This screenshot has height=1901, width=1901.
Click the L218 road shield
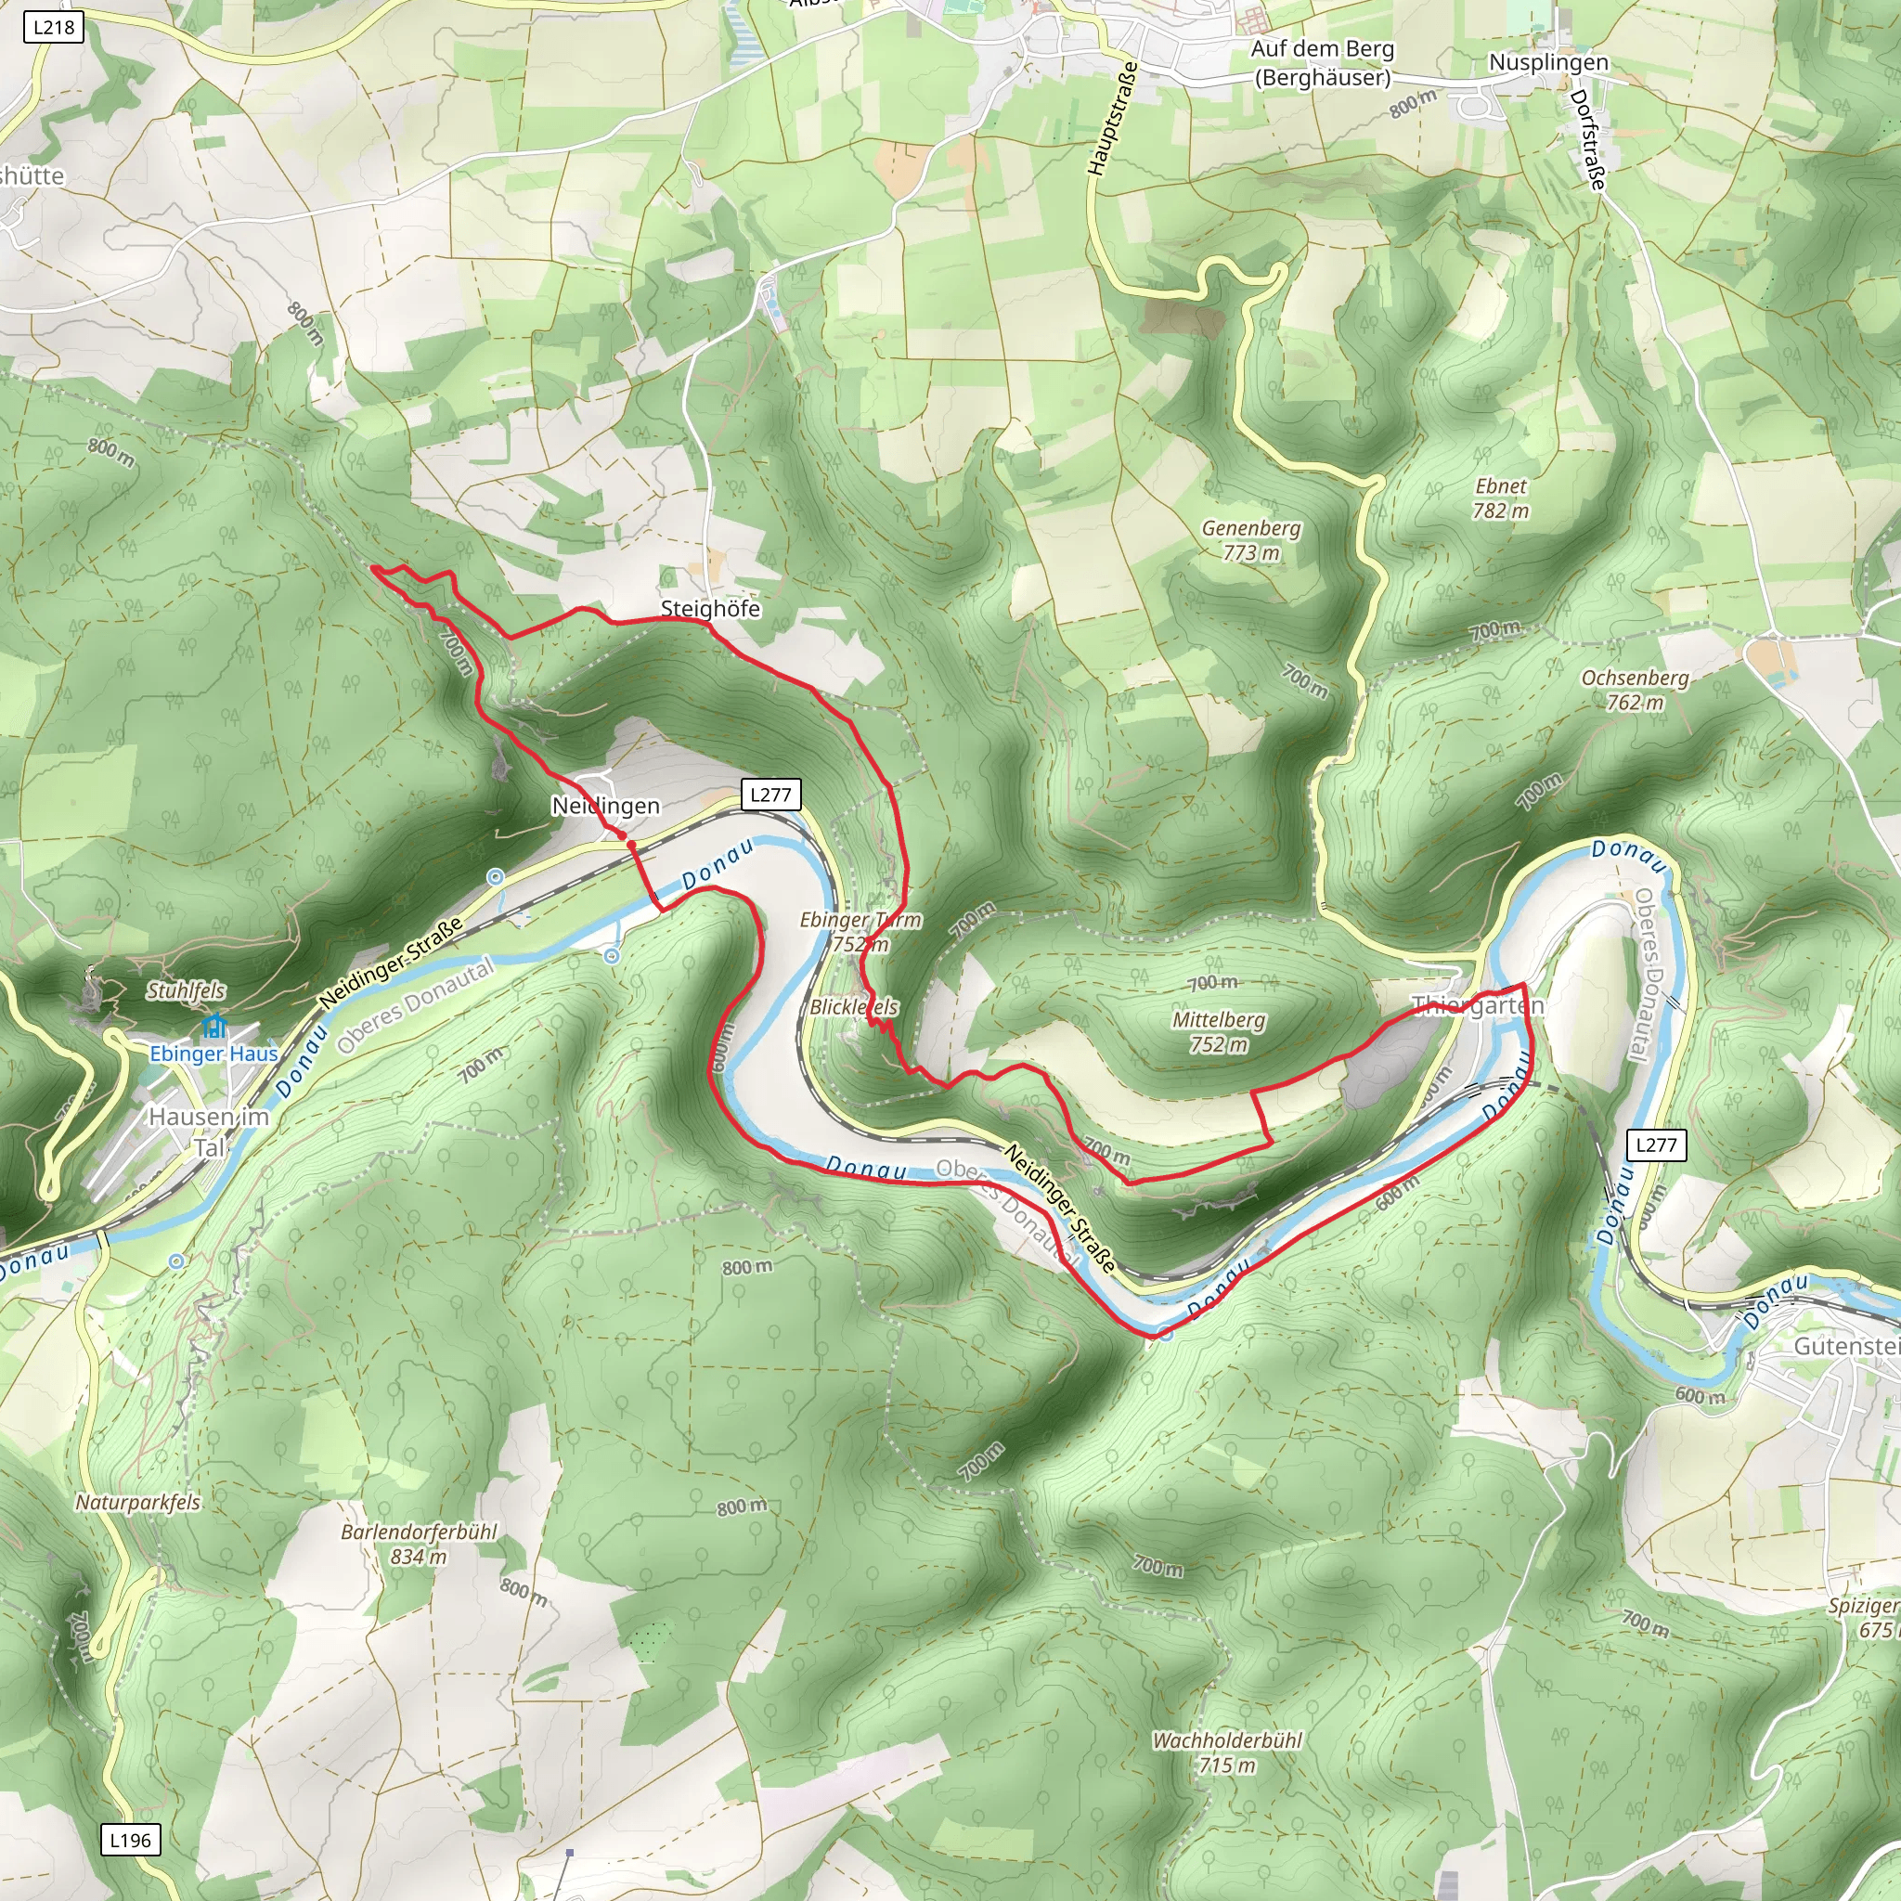[x=53, y=27]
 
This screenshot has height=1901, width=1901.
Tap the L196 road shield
[x=130, y=1840]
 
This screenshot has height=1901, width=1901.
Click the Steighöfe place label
[x=710, y=609]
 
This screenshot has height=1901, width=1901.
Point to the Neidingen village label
[x=605, y=806]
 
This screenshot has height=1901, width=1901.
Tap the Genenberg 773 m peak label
[x=1250, y=540]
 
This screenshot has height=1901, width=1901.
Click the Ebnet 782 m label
[x=1500, y=498]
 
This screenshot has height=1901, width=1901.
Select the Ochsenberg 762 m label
[x=1635, y=690]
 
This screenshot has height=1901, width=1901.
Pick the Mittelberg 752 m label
[x=1218, y=1031]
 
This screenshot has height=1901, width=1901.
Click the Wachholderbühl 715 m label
[x=1226, y=1752]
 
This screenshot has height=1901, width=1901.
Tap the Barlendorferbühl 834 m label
[x=419, y=1544]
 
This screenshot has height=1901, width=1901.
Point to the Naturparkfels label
[x=137, y=1503]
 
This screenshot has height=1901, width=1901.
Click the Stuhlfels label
[x=186, y=990]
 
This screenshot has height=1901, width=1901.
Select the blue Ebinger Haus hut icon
[x=213, y=1028]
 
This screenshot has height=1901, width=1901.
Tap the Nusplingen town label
[x=1547, y=62]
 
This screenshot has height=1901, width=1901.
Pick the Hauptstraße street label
[x=1113, y=119]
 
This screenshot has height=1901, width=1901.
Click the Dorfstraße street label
[x=1588, y=140]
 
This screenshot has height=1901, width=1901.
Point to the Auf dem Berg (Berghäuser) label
[x=1323, y=63]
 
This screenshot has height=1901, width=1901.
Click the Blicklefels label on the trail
[x=853, y=1006]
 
